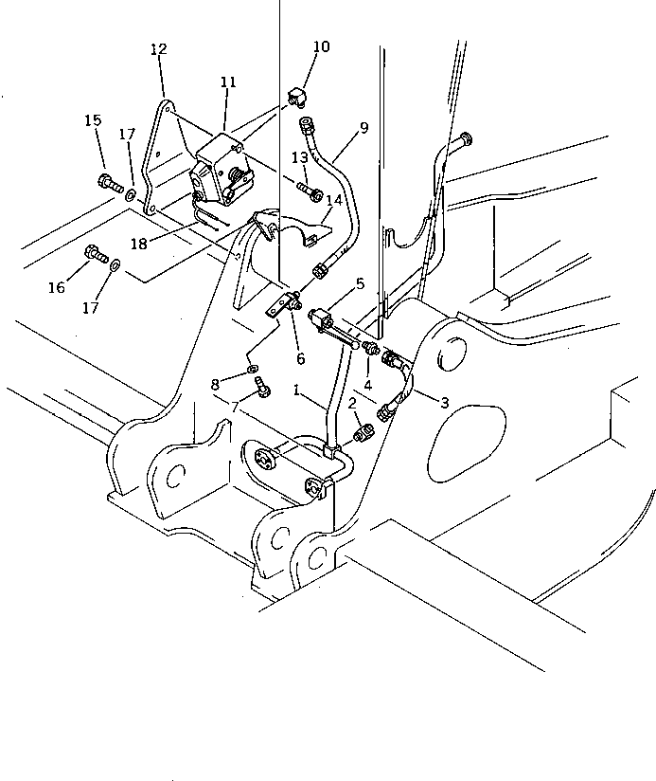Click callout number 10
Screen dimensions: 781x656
coord(321,46)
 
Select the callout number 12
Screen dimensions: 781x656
coord(158,49)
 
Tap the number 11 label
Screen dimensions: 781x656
coord(227,83)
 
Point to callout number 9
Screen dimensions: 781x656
coord(363,127)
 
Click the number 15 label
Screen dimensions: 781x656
coord(93,120)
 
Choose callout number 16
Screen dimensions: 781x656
coord(57,287)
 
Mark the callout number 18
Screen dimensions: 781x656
coord(139,244)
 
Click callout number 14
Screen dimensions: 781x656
coord(333,200)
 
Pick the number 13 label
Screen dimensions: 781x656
coord(299,157)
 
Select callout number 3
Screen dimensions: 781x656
coord(444,402)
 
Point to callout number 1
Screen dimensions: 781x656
coord(298,390)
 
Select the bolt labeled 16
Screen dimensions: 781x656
coord(95,252)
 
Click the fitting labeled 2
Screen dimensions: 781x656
coord(363,434)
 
